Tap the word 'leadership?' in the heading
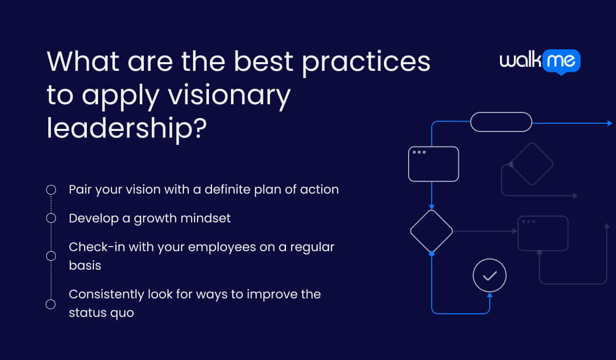pyautogui.click(x=126, y=128)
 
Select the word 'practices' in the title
pyautogui.click(x=366, y=62)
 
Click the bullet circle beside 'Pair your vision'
pyautogui.click(x=51, y=190)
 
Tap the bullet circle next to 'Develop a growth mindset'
pyautogui.click(x=51, y=218)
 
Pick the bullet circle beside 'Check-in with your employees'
pyautogui.click(x=51, y=255)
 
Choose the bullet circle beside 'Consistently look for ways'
pyautogui.click(x=51, y=304)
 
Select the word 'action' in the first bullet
pyautogui.click(x=319, y=190)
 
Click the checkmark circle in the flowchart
pyautogui.click(x=489, y=276)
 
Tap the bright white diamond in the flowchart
pyautogui.click(x=431, y=231)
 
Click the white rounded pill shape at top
pyautogui.click(x=501, y=122)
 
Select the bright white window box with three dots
pyautogui.click(x=433, y=164)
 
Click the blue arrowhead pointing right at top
pyautogui.click(x=609, y=123)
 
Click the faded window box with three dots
pyautogui.click(x=543, y=233)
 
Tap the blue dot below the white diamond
pyautogui.click(x=431, y=254)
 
